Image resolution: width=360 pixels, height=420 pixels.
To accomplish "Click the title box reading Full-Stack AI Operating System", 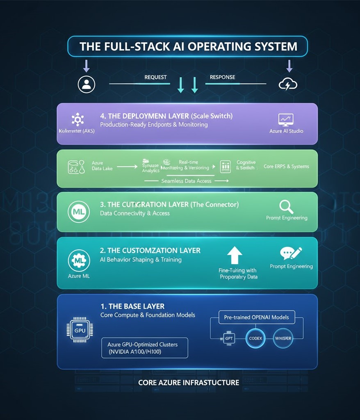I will click(x=187, y=46).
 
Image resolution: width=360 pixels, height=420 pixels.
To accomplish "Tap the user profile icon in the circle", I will click(x=87, y=84).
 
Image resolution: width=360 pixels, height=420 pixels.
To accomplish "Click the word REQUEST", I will click(x=156, y=77).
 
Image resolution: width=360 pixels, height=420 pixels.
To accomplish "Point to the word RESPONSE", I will click(x=222, y=77).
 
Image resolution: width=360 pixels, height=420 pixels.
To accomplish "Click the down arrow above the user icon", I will click(x=87, y=66).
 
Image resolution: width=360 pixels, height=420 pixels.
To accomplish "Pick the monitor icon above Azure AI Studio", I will click(x=286, y=120).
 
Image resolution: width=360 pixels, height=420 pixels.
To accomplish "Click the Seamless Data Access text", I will click(x=187, y=181).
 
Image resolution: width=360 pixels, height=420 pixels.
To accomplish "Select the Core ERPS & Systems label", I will click(x=286, y=167).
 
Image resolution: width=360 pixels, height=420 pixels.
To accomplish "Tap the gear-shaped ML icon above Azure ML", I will click(x=79, y=260).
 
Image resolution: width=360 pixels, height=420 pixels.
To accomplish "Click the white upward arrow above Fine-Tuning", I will click(x=235, y=256).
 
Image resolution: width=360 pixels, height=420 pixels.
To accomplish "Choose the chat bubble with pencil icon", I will click(x=291, y=253).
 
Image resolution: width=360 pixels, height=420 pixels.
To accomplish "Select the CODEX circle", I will click(x=255, y=338).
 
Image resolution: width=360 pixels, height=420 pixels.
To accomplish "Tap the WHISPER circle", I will click(x=283, y=338).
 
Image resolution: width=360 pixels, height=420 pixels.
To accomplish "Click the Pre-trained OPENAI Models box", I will click(x=256, y=317).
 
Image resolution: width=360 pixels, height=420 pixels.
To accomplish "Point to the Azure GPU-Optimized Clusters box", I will click(x=145, y=348).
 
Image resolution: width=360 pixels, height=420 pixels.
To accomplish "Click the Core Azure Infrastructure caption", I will click(x=189, y=383).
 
